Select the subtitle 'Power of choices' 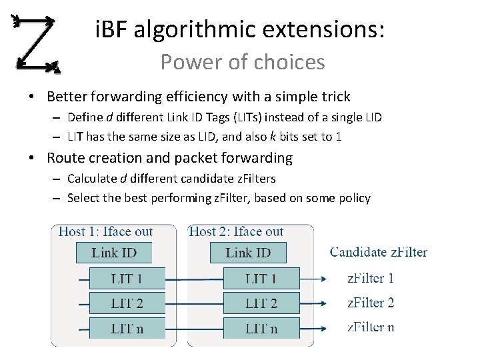pos(242,62)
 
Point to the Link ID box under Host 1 pos(114,253)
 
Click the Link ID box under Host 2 pos(248,253)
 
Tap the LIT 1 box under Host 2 pos(261,278)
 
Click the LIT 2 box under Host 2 pos(261,303)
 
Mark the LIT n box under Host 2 pos(261,327)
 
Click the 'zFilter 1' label pos(371,278)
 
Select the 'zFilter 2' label pos(371,303)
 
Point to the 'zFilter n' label pos(371,327)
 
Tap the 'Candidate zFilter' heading pos(379,252)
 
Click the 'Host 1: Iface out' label pos(106,232)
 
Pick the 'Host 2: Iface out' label pos(237,232)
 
